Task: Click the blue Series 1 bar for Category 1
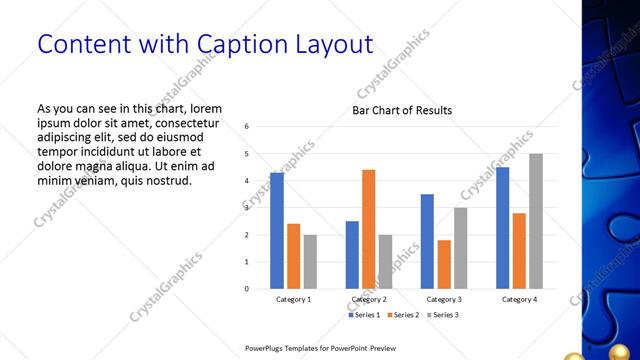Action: pyautogui.click(x=277, y=231)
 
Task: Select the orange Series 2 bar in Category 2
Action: pyautogui.click(x=368, y=229)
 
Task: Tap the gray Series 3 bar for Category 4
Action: pyautogui.click(x=536, y=221)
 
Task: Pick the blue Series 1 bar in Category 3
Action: pyautogui.click(x=427, y=241)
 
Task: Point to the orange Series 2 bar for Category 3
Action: pyautogui.click(x=444, y=264)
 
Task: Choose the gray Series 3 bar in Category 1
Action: pyautogui.click(x=310, y=262)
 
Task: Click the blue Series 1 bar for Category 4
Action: pyautogui.click(x=502, y=228)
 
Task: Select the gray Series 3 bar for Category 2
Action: pyautogui.click(x=385, y=262)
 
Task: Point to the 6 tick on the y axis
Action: pyautogui.click(x=247, y=127)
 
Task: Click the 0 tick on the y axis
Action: pyautogui.click(x=247, y=289)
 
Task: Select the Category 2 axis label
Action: pyautogui.click(x=369, y=299)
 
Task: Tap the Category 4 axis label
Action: pyautogui.click(x=519, y=299)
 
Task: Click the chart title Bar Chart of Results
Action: pyautogui.click(x=402, y=110)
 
